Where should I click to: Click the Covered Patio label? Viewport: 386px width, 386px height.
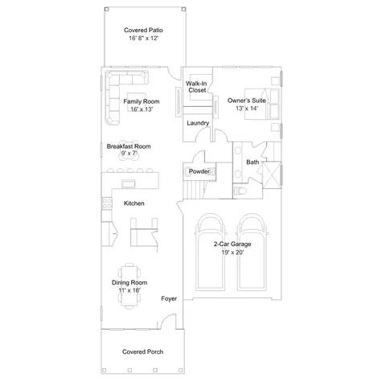(143, 30)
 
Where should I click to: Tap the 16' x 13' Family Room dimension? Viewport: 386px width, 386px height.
(142, 109)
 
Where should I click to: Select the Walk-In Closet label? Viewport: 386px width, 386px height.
(197, 87)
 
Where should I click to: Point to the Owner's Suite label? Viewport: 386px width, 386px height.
(247, 101)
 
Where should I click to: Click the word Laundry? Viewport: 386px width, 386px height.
(198, 123)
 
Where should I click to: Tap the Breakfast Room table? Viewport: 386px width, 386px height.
(129, 150)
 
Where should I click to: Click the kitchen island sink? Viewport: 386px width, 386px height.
(129, 183)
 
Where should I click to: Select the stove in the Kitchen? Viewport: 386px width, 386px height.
(107, 203)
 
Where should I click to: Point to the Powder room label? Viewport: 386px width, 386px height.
(199, 171)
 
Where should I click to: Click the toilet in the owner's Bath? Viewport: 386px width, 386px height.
(240, 191)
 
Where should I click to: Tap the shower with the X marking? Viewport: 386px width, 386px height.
(272, 175)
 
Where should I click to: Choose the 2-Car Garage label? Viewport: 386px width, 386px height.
(232, 244)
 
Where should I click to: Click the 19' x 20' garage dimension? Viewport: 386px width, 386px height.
(232, 253)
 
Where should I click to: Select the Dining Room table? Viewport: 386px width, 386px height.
(129, 286)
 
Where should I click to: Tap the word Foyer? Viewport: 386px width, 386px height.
(169, 298)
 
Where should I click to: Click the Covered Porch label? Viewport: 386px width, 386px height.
(142, 351)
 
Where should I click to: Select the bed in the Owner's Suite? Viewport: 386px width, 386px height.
(262, 104)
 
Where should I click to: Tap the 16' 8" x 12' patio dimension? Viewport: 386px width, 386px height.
(143, 38)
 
